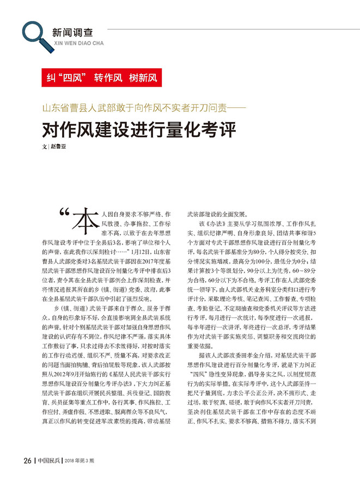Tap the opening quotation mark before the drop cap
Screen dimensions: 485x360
[64, 214]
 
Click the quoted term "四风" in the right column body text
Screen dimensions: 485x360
[203, 391]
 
